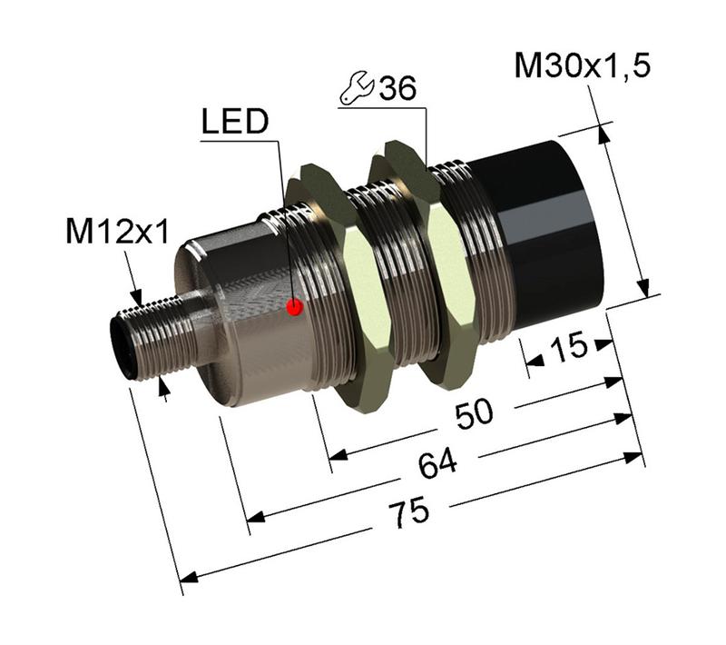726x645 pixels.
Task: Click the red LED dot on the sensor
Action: [294, 307]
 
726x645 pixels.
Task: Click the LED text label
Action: [234, 124]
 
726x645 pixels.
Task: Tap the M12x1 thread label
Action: [117, 233]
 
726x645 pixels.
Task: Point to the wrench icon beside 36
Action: [355, 89]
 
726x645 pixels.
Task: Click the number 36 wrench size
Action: [397, 89]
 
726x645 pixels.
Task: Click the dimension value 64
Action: [439, 464]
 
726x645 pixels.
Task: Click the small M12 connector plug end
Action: [127, 345]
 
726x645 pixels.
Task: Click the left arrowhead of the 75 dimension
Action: [188, 577]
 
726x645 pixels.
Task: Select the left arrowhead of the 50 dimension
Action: [337, 453]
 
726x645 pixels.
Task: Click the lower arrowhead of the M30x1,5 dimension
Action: [643, 290]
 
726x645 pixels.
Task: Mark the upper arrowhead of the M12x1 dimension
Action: [136, 297]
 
